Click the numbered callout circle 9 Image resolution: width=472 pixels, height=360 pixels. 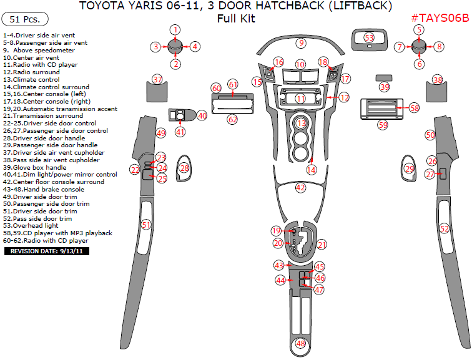click(x=301, y=43)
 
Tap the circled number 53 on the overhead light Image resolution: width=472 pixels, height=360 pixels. click(x=369, y=38)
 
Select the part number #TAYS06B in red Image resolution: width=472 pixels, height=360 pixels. click(x=440, y=19)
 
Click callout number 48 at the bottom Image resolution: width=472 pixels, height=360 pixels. click(x=301, y=343)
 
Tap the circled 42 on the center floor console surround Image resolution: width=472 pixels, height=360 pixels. click(x=300, y=187)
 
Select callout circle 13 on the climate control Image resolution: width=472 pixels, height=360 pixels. click(x=302, y=124)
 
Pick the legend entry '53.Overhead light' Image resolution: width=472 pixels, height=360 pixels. click(x=31, y=225)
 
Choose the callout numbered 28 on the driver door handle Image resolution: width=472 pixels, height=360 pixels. click(x=184, y=168)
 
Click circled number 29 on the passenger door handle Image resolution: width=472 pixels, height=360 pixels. click(x=410, y=168)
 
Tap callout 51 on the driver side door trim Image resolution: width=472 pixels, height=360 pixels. click(x=146, y=224)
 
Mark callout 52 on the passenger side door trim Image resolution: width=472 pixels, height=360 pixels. click(x=444, y=229)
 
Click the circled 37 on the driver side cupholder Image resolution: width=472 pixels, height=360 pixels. click(x=157, y=80)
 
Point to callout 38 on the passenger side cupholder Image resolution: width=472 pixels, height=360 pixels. click(x=438, y=80)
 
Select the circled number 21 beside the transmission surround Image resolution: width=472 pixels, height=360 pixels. click(x=322, y=245)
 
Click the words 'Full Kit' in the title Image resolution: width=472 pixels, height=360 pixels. click(x=236, y=19)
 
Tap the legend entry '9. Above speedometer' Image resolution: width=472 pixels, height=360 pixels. click(x=39, y=50)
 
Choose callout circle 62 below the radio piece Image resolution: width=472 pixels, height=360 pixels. click(x=232, y=119)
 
